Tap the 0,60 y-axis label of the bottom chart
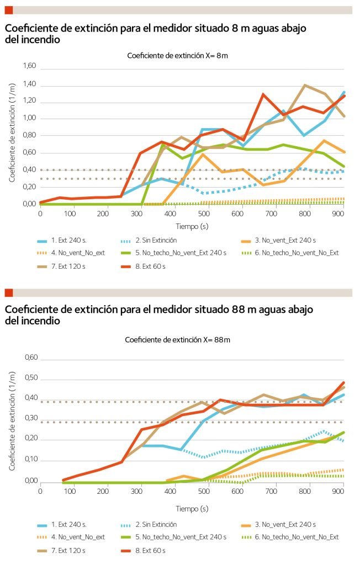click(x=29, y=358)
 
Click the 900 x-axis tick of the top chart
click(x=342, y=214)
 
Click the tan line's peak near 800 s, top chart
click(x=304, y=85)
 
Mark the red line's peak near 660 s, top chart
click(x=263, y=94)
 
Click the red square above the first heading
click(x=8, y=10)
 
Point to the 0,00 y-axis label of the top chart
click(x=29, y=204)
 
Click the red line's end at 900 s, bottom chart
click(x=343, y=382)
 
